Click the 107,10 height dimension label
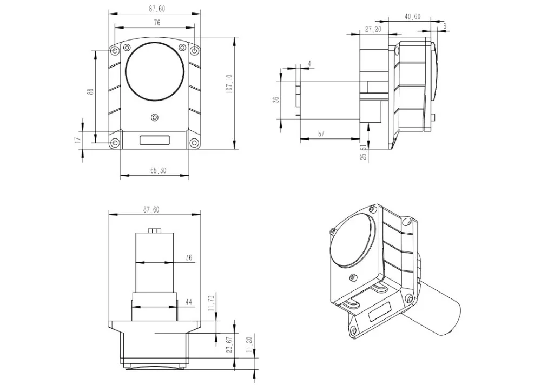[x=229, y=83]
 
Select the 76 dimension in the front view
[x=157, y=23]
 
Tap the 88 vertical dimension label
[x=91, y=92]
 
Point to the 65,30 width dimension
[x=159, y=170]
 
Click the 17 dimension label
[x=77, y=140]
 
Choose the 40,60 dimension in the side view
[x=412, y=17]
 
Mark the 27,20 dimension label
[x=373, y=29]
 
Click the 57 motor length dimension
[x=321, y=134]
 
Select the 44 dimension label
[x=189, y=302]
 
